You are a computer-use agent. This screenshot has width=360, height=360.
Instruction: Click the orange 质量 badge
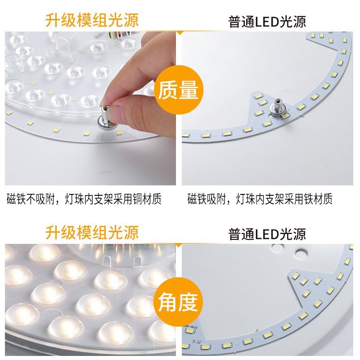pyautogui.click(x=178, y=90)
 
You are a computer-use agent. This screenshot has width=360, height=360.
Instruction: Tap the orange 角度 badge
pyautogui.click(x=178, y=303)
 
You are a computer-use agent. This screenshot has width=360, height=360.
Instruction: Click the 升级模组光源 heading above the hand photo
pyautogui.click(x=92, y=20)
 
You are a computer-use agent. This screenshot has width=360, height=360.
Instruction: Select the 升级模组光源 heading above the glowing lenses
pyautogui.click(x=92, y=233)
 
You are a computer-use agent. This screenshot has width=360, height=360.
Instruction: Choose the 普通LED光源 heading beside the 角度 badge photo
pyautogui.click(x=267, y=234)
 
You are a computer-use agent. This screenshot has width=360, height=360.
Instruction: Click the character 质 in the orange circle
pyautogui.click(x=167, y=90)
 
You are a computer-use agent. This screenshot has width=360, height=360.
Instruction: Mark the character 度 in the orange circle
pyautogui.click(x=188, y=303)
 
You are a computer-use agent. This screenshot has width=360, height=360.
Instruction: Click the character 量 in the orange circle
pyautogui.click(x=188, y=90)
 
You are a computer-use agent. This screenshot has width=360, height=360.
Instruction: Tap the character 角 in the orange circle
pyautogui.click(x=167, y=303)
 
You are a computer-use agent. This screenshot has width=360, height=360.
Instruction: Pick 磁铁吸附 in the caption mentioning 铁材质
pyautogui.click(x=206, y=198)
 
